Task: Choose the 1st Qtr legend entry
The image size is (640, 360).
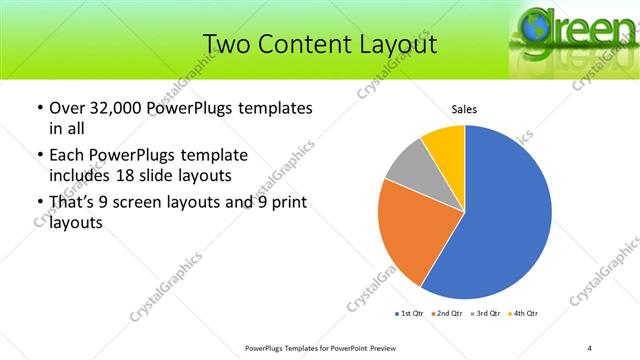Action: pyautogui.click(x=410, y=314)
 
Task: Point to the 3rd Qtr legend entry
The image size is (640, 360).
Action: pyautogui.click(x=487, y=314)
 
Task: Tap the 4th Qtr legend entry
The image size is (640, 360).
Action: pyautogui.click(x=525, y=314)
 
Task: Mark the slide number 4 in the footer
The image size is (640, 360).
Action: pyautogui.click(x=589, y=347)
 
